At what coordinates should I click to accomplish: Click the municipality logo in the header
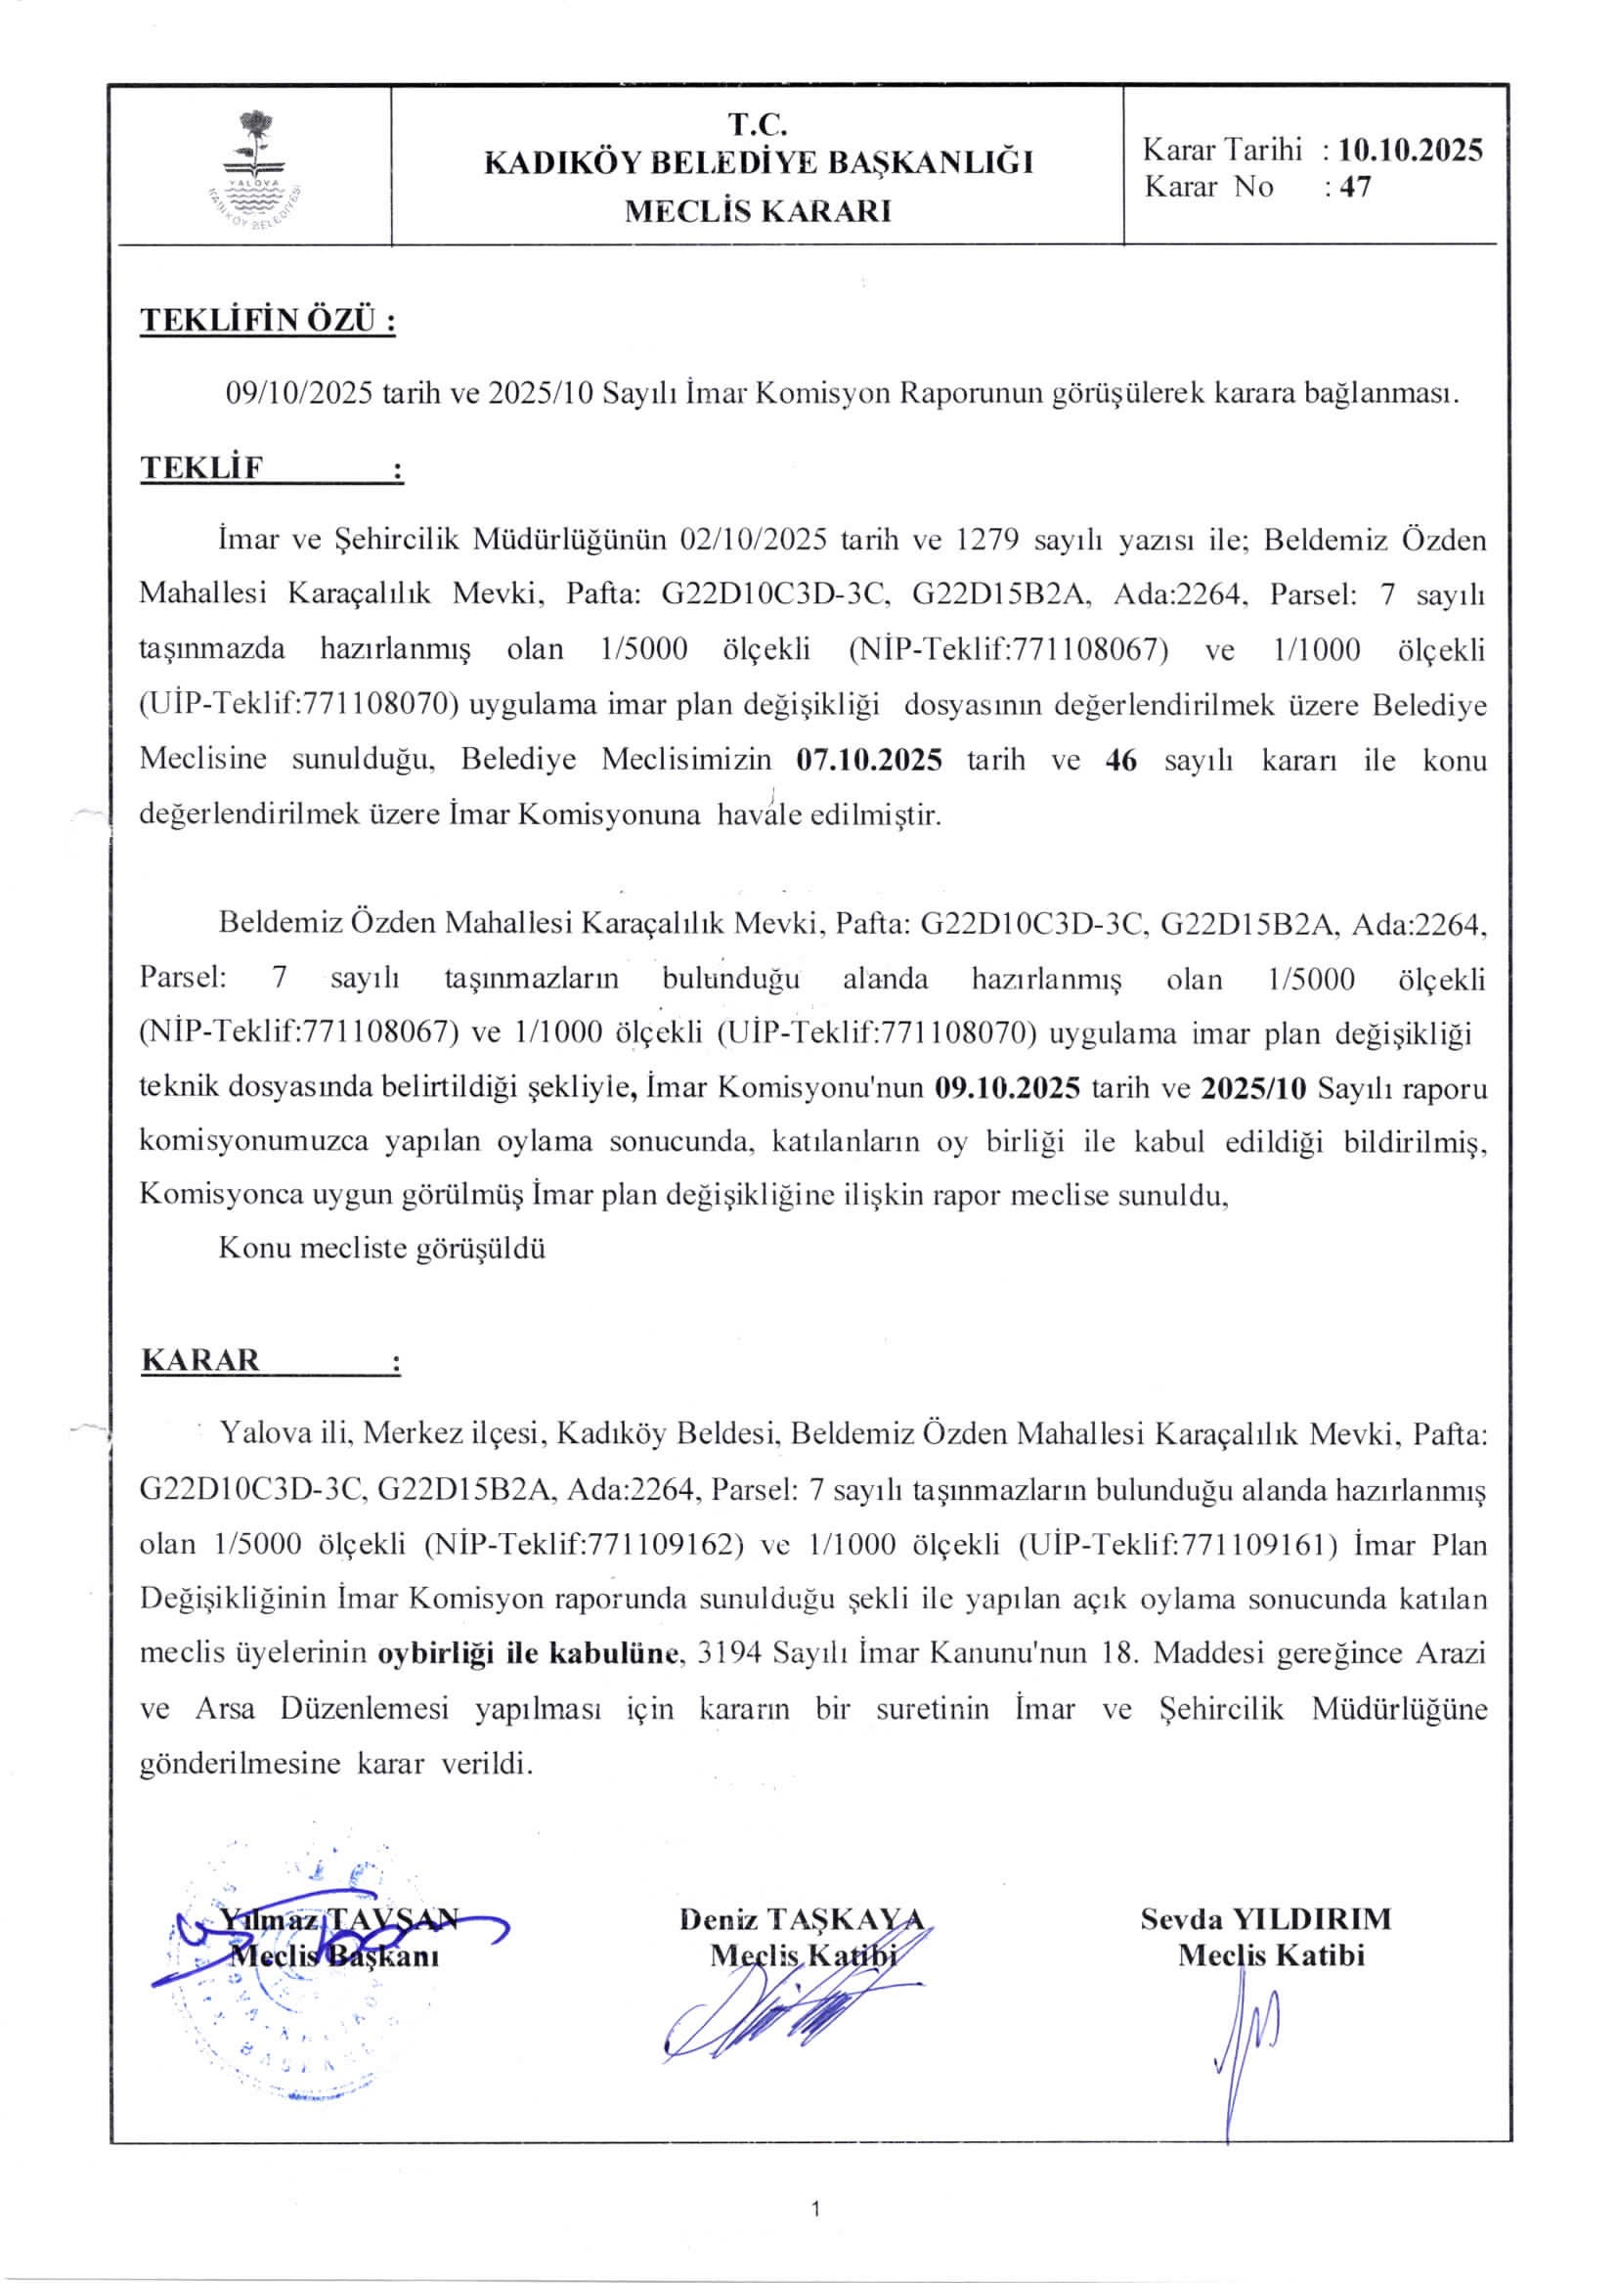tap(255, 169)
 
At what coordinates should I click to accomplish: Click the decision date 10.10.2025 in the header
tap(1410, 151)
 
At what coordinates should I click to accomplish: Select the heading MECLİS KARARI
tap(758, 211)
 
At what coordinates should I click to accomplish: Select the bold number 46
tap(1121, 760)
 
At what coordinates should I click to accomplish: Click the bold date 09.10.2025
tap(1008, 1087)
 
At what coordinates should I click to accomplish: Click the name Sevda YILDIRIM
tap(1265, 1918)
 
